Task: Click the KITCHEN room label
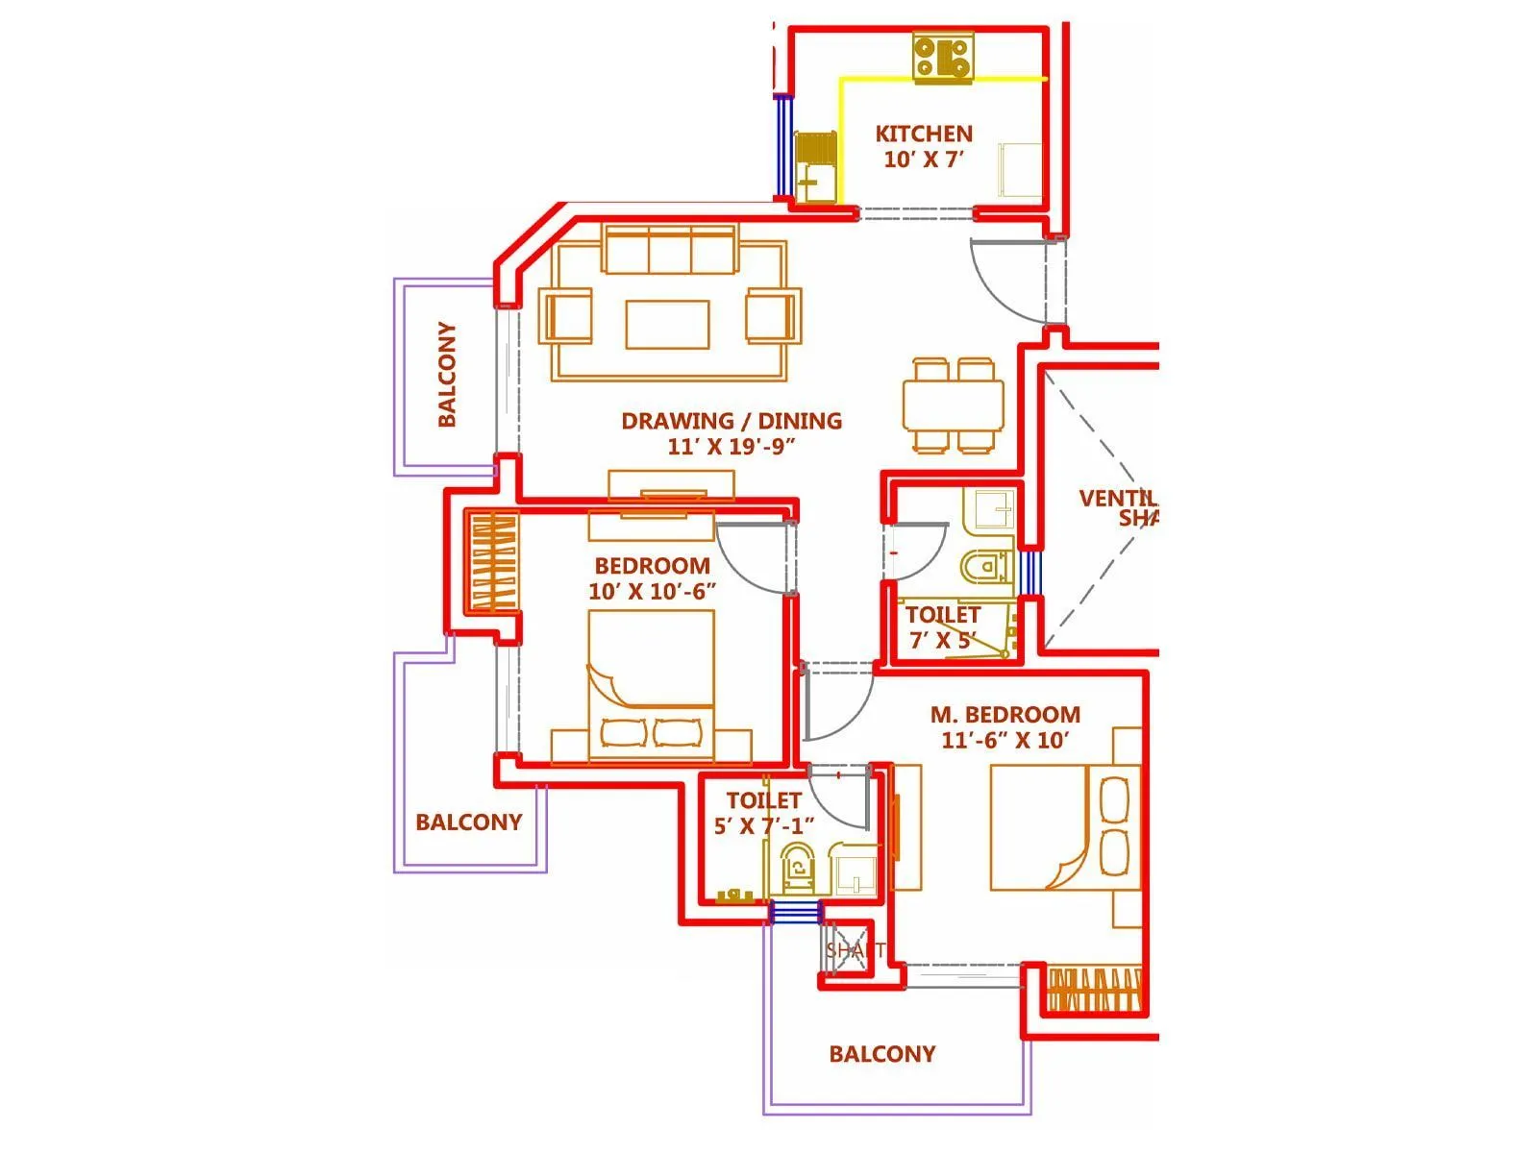point(923,134)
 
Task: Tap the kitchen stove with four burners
point(942,57)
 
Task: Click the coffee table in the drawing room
point(667,324)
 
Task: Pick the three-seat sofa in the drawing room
point(670,250)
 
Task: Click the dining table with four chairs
point(953,405)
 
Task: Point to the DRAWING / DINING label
point(731,421)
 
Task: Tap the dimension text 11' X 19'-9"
point(731,447)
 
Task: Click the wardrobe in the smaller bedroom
point(492,563)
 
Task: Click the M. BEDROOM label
point(1005,715)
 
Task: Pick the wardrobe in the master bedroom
point(1093,990)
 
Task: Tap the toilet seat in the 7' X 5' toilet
point(984,567)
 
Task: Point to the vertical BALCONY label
point(447,375)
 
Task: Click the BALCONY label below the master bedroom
point(881,1054)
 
